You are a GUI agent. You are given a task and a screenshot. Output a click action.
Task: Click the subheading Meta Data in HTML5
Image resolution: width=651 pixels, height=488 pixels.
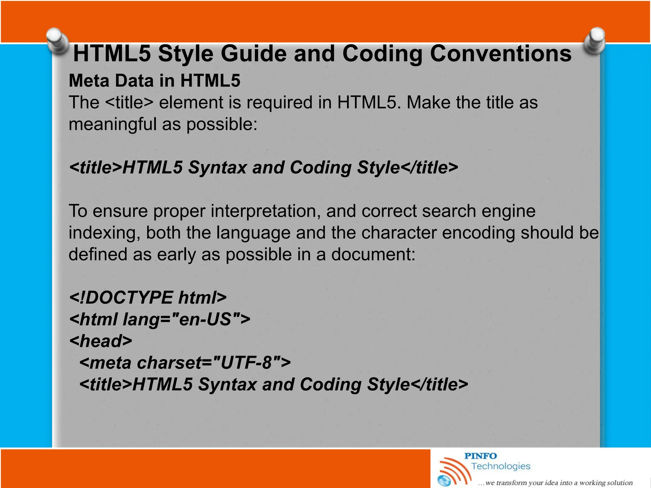pos(154,80)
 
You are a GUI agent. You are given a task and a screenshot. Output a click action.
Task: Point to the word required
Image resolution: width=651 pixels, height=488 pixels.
pos(279,103)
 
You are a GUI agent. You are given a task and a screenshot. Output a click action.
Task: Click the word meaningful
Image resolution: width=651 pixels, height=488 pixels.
pos(113,124)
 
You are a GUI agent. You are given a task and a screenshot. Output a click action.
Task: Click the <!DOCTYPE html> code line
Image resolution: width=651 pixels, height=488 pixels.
pos(148,298)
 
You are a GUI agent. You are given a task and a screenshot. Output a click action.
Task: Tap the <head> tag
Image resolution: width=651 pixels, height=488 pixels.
pos(100,341)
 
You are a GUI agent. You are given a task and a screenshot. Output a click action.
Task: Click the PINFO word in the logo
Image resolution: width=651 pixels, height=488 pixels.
pos(480,456)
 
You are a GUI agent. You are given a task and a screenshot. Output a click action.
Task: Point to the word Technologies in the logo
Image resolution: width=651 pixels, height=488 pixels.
pos(501,466)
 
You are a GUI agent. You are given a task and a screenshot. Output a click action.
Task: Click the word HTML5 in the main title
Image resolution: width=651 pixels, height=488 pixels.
pos(112,53)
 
